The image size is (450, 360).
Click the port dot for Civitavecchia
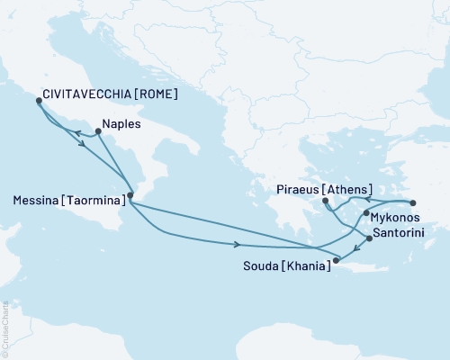click(38, 101)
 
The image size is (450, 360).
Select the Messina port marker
click(130, 195)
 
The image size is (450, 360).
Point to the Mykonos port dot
click(365, 214)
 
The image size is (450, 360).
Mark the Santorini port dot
click(369, 239)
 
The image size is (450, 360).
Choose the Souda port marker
click(335, 262)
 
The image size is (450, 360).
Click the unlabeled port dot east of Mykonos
click(413, 202)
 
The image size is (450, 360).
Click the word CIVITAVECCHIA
click(79, 92)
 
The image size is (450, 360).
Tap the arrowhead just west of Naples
click(76, 133)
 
